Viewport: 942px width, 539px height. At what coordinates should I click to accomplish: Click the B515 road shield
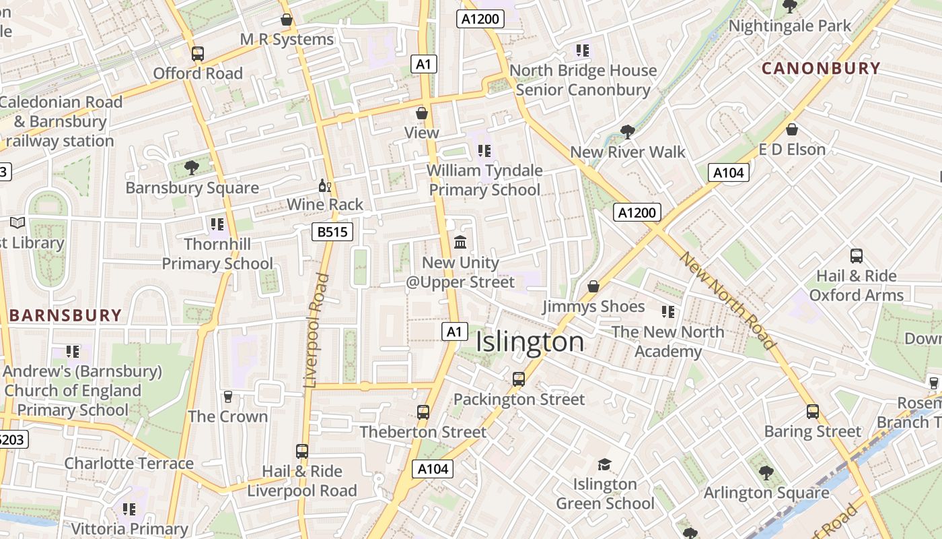[332, 232]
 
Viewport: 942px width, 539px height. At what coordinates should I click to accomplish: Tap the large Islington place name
[530, 342]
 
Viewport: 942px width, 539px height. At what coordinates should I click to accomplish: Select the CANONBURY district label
[820, 68]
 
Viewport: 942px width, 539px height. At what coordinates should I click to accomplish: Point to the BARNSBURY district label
[65, 315]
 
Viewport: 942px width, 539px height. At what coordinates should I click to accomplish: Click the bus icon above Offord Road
[197, 54]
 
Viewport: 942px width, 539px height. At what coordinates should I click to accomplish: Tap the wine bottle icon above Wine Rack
[325, 185]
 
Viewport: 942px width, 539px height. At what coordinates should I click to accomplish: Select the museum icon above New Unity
[460, 242]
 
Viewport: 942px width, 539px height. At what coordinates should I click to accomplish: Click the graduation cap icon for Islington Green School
[604, 464]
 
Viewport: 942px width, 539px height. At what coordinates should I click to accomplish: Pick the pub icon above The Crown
[227, 397]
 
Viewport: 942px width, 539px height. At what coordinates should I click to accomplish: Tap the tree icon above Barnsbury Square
[192, 167]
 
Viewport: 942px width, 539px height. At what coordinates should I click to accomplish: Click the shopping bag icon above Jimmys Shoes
[593, 286]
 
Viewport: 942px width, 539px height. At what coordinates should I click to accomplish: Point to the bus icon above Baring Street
[812, 411]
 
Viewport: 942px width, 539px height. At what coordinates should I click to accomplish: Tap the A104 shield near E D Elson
[728, 172]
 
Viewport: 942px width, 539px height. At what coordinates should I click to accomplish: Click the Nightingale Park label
[790, 26]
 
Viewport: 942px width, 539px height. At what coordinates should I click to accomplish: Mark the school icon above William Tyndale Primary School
[484, 151]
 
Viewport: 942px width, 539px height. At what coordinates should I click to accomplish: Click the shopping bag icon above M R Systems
[287, 20]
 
